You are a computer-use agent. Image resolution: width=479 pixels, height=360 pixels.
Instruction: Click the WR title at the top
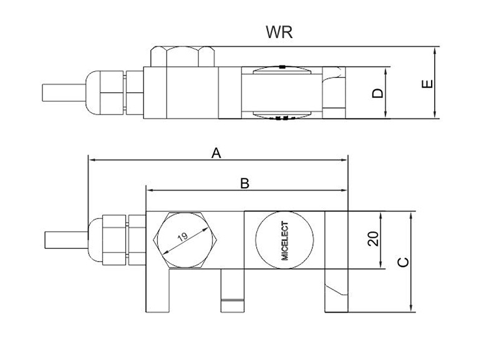279,32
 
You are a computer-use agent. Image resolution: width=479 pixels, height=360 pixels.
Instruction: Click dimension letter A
216,153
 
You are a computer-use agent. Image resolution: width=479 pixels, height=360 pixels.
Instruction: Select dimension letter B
244,183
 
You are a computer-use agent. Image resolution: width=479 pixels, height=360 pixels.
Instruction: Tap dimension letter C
404,262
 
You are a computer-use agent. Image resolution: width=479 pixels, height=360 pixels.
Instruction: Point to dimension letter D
377,93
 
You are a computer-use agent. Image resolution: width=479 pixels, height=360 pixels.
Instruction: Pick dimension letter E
427,84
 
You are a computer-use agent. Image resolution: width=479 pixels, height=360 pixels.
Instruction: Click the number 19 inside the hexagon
183,237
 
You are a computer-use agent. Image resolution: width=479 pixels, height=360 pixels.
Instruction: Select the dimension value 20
374,238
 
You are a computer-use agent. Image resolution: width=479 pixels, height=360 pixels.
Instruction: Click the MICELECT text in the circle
284,241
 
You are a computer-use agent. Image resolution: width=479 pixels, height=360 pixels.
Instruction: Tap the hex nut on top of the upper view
182,57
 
